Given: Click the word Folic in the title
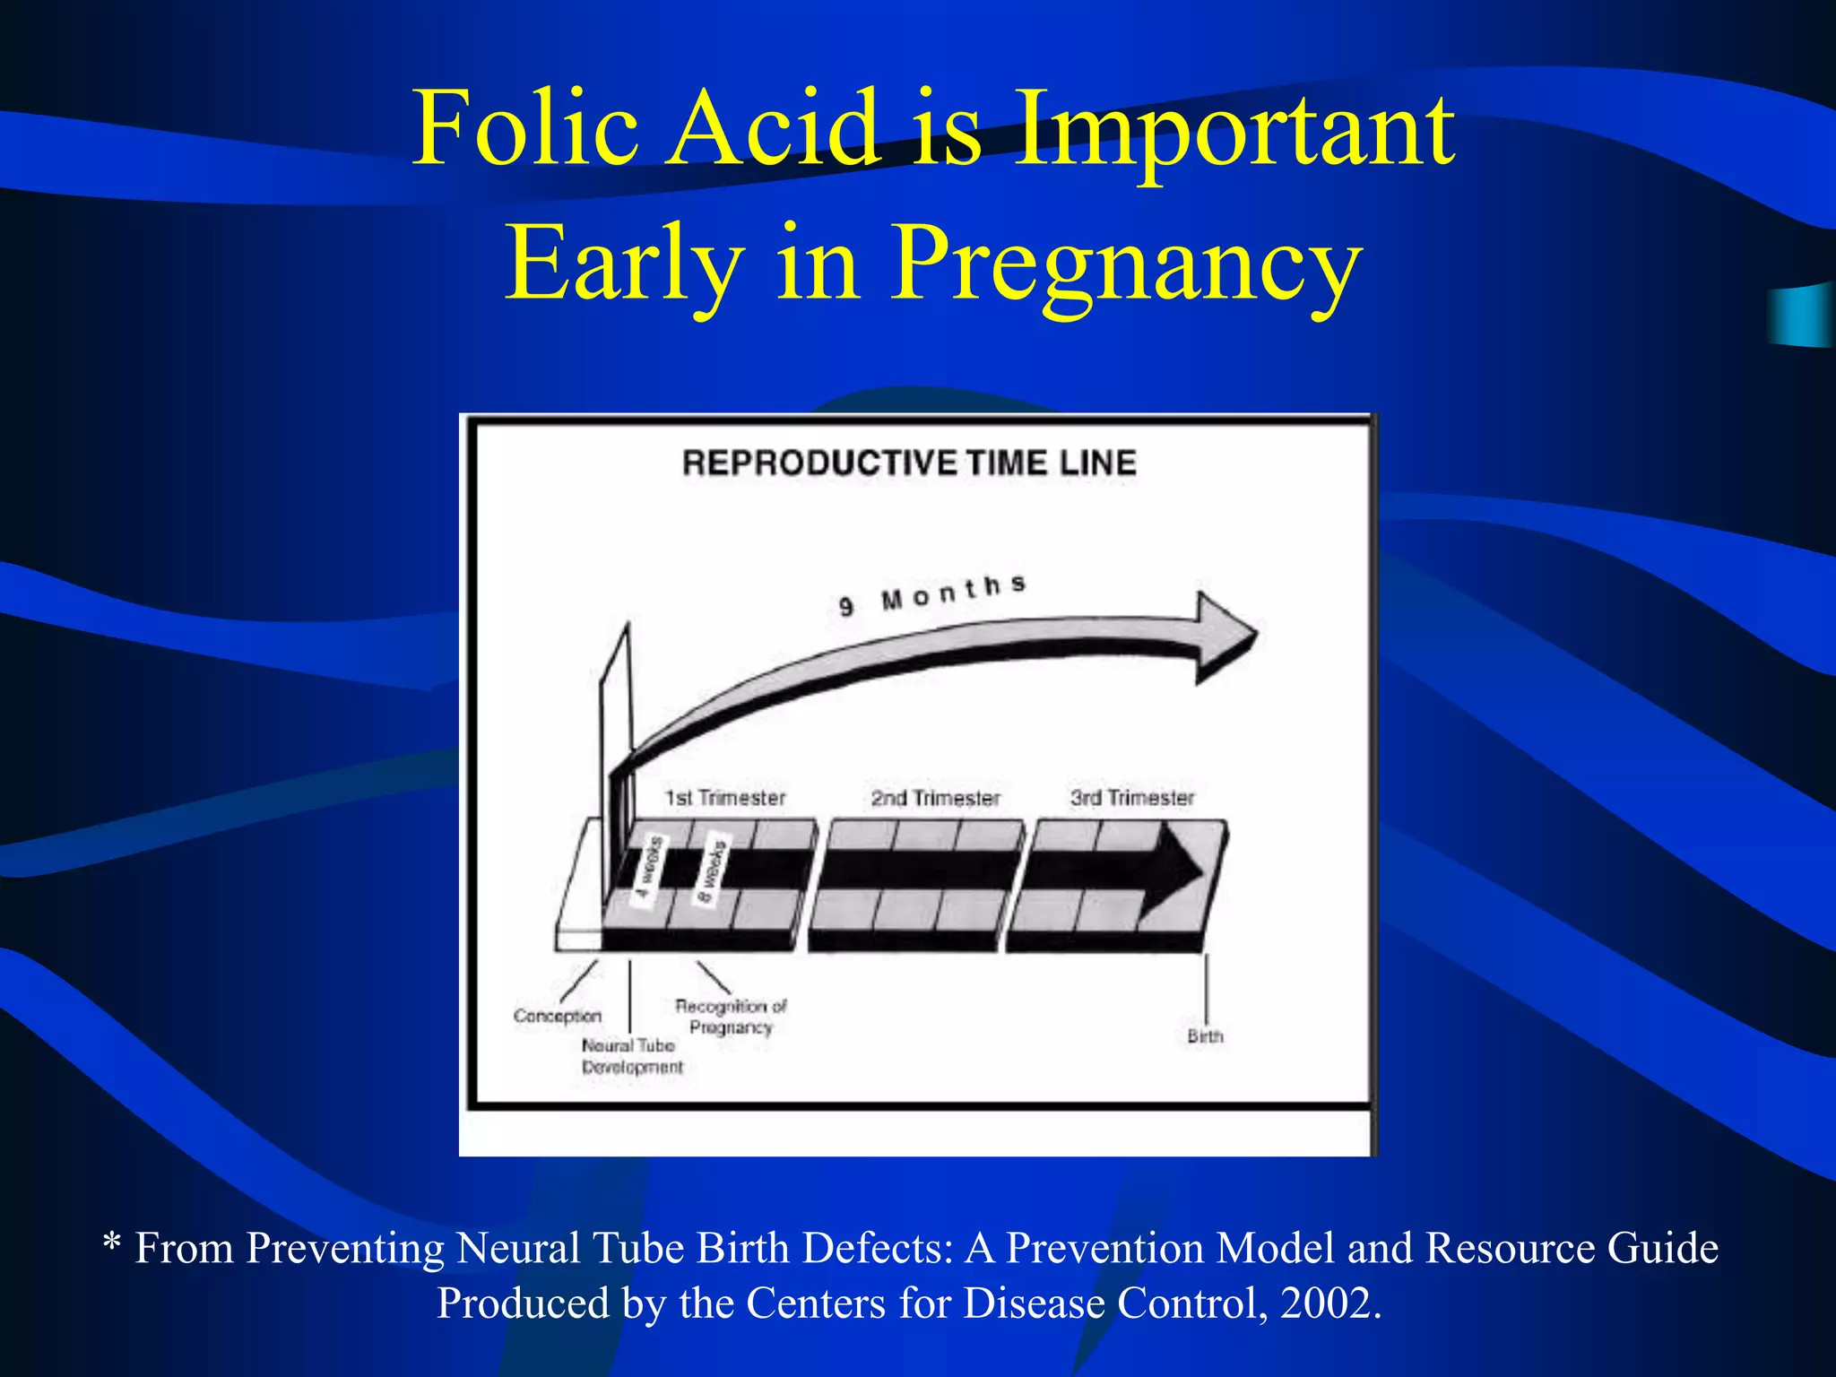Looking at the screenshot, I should pos(525,130).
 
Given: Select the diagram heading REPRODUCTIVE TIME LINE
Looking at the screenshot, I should pos(909,463).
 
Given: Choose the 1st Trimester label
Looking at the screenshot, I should pos(725,798).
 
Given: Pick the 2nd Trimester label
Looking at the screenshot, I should pos(935,798).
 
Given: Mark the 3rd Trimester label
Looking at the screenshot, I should pos(1132,798).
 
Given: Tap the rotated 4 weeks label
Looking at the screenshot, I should pos(649,868).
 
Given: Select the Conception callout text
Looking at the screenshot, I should pos(557,1016).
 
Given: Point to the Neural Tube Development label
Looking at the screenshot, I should pos(631,1056).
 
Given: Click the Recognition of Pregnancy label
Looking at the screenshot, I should pos(731,1017).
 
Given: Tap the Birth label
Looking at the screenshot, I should pos(1205,1036).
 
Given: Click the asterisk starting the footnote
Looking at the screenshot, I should pos(112,1243).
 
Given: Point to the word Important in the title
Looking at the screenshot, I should pos(1236,130).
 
